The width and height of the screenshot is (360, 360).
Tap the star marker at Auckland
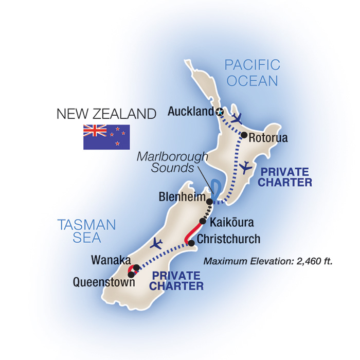pos(220,112)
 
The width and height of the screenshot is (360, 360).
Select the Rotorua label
pos(267,138)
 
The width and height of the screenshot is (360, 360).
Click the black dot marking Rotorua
pos(244,135)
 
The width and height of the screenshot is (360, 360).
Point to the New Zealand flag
pos(106,137)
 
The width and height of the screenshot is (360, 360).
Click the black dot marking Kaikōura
pos(203,221)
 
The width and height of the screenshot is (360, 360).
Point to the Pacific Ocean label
pos(252,73)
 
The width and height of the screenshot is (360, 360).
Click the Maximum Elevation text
pos(268,261)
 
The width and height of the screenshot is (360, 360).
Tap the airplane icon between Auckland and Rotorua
pos(237,118)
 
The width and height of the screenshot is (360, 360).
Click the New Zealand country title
pos(106,114)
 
